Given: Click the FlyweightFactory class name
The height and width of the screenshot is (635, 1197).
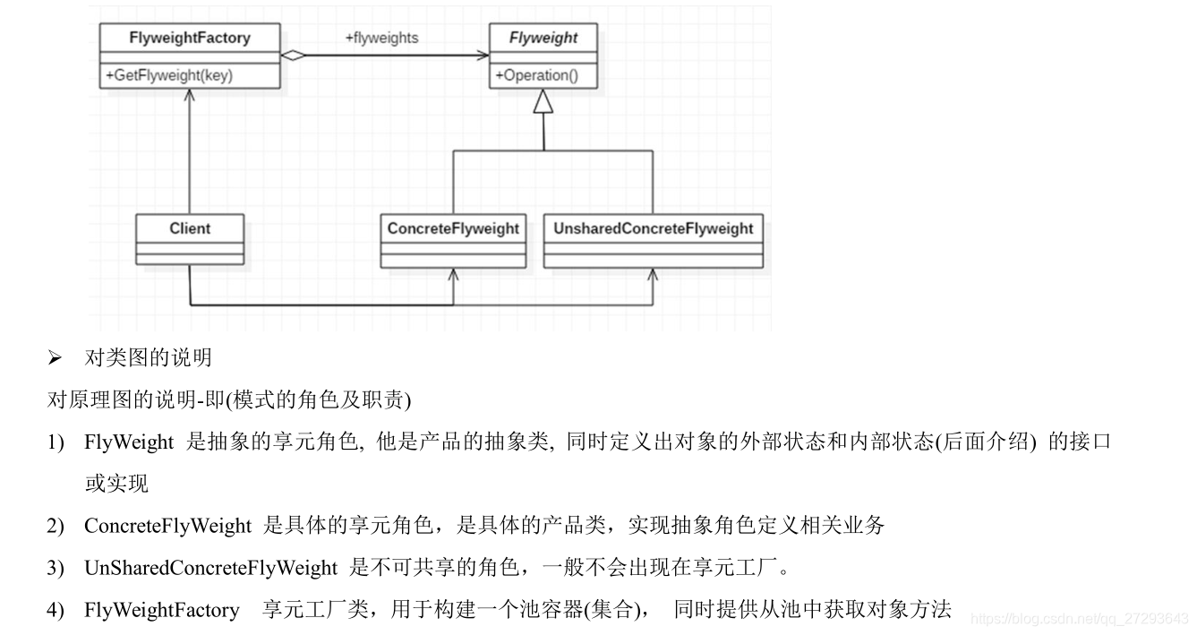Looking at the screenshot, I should click(x=190, y=39).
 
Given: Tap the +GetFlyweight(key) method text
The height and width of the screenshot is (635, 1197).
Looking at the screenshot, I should click(x=169, y=75).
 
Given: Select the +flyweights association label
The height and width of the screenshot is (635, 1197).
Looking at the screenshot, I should click(x=381, y=38).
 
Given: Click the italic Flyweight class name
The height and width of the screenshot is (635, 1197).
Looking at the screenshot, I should click(x=543, y=39).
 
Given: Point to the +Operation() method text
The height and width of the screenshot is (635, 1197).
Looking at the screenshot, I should click(x=535, y=75).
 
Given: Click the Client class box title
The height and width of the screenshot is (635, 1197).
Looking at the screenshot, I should click(x=190, y=228).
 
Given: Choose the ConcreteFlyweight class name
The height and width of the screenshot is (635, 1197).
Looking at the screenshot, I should click(x=453, y=228).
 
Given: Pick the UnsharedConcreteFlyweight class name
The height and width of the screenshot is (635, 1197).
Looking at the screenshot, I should click(x=654, y=228).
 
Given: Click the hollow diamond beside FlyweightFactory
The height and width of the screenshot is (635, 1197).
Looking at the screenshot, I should click(x=293, y=56).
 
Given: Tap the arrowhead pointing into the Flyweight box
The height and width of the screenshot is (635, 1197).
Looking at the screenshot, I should click(x=483, y=56).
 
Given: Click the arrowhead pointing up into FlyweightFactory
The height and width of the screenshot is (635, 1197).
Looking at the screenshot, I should click(x=190, y=95).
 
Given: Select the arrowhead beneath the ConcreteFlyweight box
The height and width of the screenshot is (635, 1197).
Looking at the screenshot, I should click(x=453, y=274).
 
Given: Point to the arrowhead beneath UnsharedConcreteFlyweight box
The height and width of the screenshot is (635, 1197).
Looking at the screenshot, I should click(x=653, y=274).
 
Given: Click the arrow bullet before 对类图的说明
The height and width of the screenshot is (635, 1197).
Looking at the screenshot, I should click(x=55, y=358).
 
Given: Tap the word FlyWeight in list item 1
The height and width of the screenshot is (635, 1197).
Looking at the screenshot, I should click(x=129, y=442).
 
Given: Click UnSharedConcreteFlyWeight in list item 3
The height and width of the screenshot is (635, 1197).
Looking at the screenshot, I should click(x=210, y=568).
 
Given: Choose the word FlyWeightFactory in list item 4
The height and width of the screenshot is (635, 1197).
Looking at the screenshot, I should click(x=161, y=611).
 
